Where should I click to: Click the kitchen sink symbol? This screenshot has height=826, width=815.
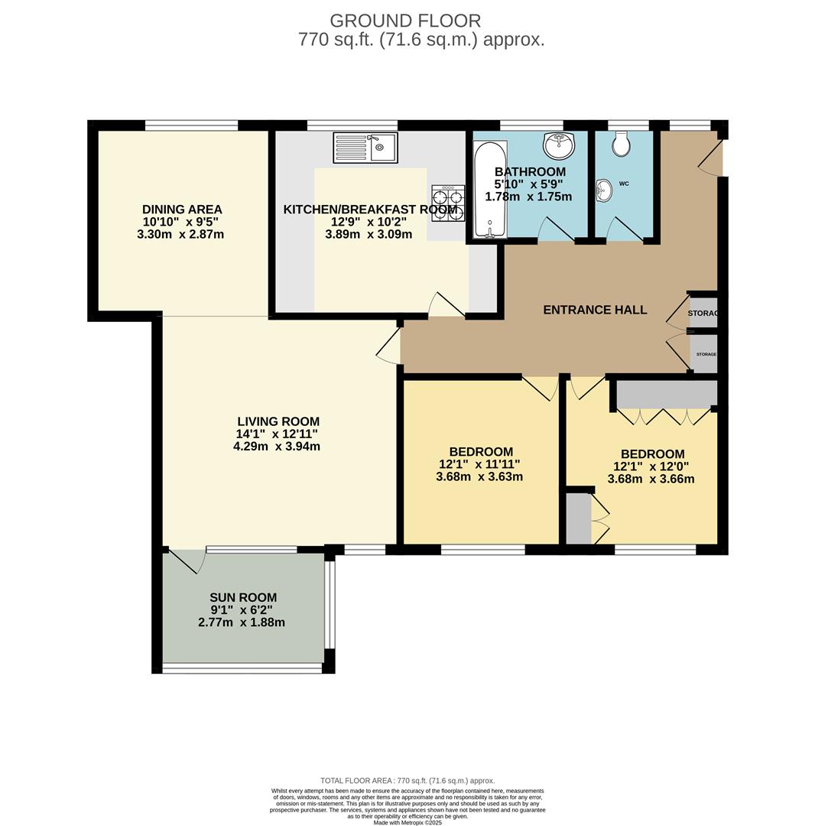click(x=365, y=148)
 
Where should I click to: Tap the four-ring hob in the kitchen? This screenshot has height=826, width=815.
click(x=448, y=203)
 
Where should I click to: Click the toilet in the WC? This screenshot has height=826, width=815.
click(x=622, y=143)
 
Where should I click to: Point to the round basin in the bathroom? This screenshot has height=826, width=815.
click(x=559, y=144)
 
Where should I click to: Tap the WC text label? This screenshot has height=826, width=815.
click(x=624, y=184)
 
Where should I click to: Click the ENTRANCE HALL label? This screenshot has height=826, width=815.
click(x=595, y=310)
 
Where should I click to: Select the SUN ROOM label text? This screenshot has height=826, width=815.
click(x=243, y=597)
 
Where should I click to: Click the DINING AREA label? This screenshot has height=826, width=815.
click(x=182, y=210)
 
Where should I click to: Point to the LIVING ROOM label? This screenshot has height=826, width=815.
click(x=278, y=421)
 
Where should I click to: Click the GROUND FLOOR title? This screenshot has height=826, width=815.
click(x=405, y=21)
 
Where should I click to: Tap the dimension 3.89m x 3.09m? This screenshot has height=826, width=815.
click(x=369, y=234)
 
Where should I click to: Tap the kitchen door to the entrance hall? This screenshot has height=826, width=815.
click(x=446, y=305)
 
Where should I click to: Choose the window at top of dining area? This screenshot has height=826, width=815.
click(x=191, y=125)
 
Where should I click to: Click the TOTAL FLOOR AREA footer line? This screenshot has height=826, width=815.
click(x=407, y=781)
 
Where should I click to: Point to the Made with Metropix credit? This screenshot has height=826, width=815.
click(x=407, y=822)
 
